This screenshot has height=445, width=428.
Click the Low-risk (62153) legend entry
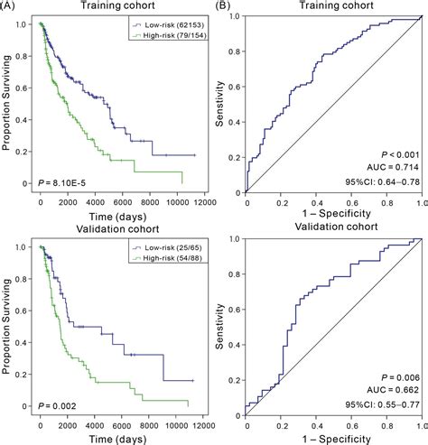[x=168, y=27]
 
